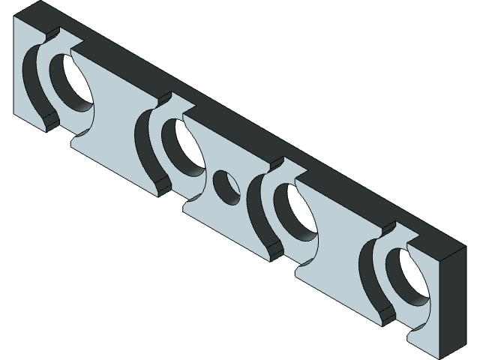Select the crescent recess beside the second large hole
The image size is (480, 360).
point(146,146)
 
